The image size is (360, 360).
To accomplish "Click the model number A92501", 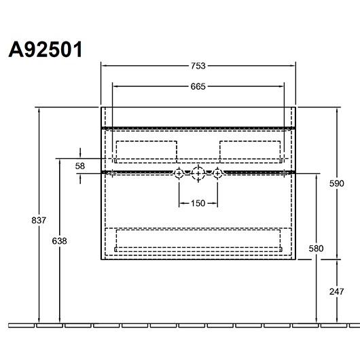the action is tap(46, 50).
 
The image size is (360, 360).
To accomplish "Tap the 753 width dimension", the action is tap(198, 66).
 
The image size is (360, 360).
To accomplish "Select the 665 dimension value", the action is tap(198, 86).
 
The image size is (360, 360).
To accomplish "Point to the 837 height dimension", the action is tap(39, 220).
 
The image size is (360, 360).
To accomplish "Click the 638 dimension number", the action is tap(59, 241).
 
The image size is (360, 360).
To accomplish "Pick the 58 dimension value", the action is tap(80, 166).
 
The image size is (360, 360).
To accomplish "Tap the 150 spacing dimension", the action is tap(198, 203).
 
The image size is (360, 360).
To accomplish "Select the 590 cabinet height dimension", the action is tap(337, 183).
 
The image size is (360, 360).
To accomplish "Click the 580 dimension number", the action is tap(316, 249).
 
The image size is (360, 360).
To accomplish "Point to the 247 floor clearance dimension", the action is tap(337, 291).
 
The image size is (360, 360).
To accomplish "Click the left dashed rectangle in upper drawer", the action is tap(147, 141).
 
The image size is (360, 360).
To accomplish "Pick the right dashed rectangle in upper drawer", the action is tap(250, 141).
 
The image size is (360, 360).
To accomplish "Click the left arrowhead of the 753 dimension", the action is tap(104, 66).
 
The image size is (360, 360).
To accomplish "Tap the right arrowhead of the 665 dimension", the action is tap(281, 86).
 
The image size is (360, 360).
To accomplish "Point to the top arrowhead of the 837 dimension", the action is tap(39, 110).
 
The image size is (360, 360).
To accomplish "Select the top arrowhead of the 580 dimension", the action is tap(317, 177).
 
